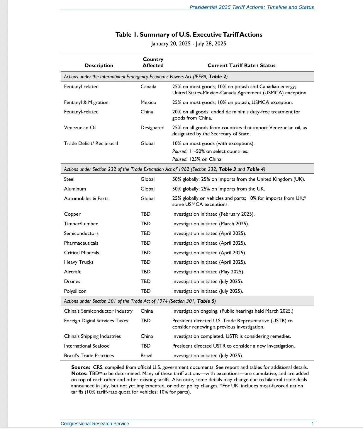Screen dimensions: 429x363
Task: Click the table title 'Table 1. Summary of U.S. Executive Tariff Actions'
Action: click(189, 35)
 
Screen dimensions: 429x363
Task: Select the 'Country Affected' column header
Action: click(153, 62)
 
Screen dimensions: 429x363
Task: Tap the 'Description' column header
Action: click(99, 65)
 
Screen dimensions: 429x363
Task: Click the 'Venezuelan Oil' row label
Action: click(80, 127)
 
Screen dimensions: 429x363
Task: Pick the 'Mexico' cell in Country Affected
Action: click(148, 102)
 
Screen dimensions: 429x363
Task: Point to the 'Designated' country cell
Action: click(152, 127)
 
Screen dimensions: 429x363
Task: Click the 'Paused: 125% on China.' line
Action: click(197, 159)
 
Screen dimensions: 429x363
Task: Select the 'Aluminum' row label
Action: click(75, 189)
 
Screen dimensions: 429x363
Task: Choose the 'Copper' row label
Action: click(72, 214)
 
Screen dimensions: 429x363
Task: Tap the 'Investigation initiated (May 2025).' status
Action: click(208, 272)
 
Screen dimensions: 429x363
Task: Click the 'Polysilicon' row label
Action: click(75, 291)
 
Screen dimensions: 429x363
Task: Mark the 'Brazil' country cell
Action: click(146, 355)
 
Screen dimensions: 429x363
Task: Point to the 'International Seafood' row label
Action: click(86, 346)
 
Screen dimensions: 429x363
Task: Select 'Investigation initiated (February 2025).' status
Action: click(213, 214)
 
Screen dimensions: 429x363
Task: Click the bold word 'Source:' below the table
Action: click(81, 367)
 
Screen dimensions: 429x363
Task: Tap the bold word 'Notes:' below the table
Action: click(79, 373)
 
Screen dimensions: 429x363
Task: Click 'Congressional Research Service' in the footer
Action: click(95, 423)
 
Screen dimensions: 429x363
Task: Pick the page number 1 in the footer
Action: click(313, 423)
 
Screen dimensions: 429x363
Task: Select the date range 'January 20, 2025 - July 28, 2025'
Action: click(189, 44)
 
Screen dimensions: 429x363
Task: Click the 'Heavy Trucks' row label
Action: click(79, 262)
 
